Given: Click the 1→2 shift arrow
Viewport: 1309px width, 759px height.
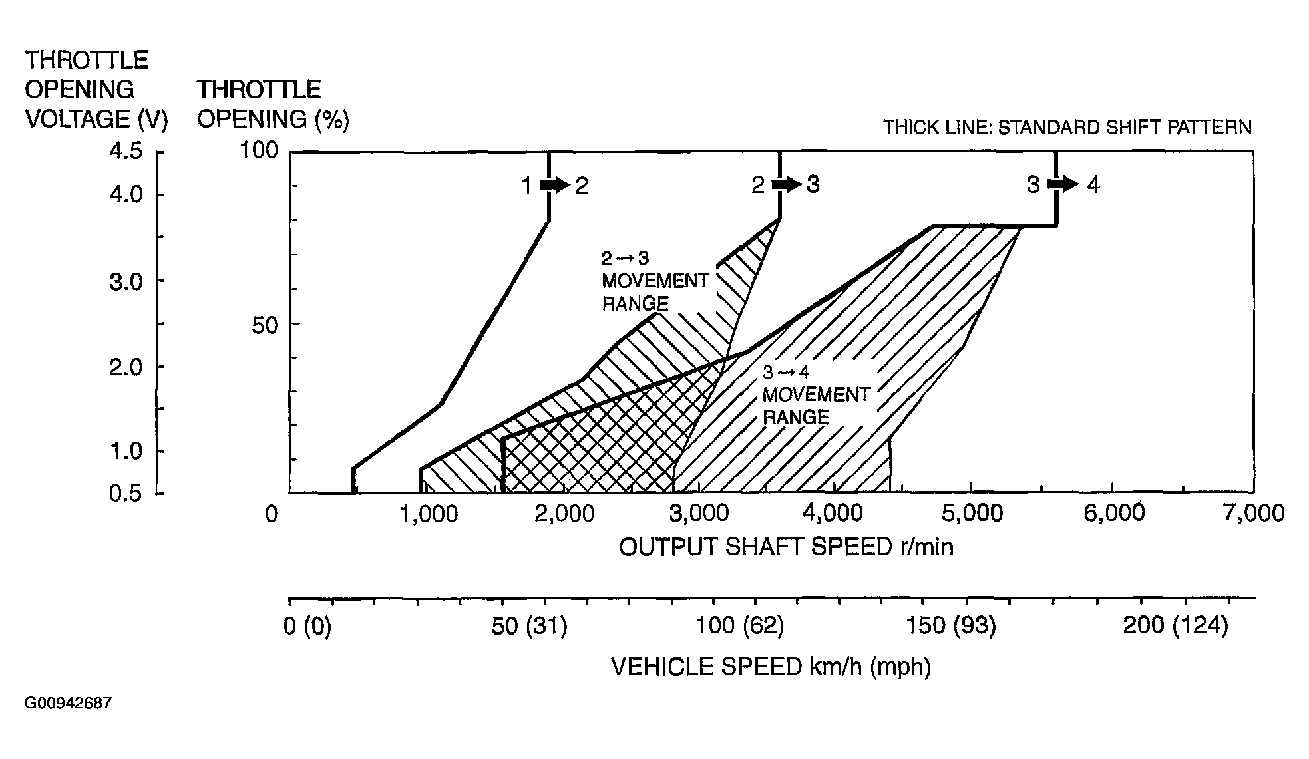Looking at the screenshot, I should pyautogui.click(x=554, y=185).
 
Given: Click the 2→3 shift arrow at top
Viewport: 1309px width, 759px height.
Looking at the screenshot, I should pyautogui.click(x=786, y=184).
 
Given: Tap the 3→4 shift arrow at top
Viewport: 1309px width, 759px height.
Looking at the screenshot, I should pyautogui.click(x=1062, y=184).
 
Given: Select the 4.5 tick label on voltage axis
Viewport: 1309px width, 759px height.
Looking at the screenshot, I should pyautogui.click(x=126, y=152).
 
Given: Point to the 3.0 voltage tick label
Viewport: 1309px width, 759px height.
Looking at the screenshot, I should pyautogui.click(x=126, y=282).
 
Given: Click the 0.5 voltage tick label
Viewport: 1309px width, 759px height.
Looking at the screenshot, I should pyautogui.click(x=126, y=494).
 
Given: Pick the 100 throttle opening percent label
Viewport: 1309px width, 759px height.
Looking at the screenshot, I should pyautogui.click(x=258, y=150).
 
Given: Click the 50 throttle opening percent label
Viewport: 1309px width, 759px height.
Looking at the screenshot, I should pyautogui.click(x=264, y=326).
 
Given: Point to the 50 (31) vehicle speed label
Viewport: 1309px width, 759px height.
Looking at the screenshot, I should pyautogui.click(x=529, y=626).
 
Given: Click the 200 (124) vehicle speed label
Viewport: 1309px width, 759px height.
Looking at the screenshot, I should pyautogui.click(x=1175, y=625).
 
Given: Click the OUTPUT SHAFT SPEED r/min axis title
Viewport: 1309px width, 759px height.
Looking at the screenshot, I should pyautogui.click(x=786, y=547).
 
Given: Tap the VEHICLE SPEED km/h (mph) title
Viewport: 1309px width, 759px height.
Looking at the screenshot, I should pyautogui.click(x=771, y=666).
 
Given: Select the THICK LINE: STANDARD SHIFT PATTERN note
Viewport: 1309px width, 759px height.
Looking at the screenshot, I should pyautogui.click(x=1067, y=127).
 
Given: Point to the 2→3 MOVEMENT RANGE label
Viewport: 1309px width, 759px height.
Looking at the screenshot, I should pyautogui.click(x=654, y=281).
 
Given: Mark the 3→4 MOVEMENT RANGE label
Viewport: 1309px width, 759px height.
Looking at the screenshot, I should pyautogui.click(x=815, y=394).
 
